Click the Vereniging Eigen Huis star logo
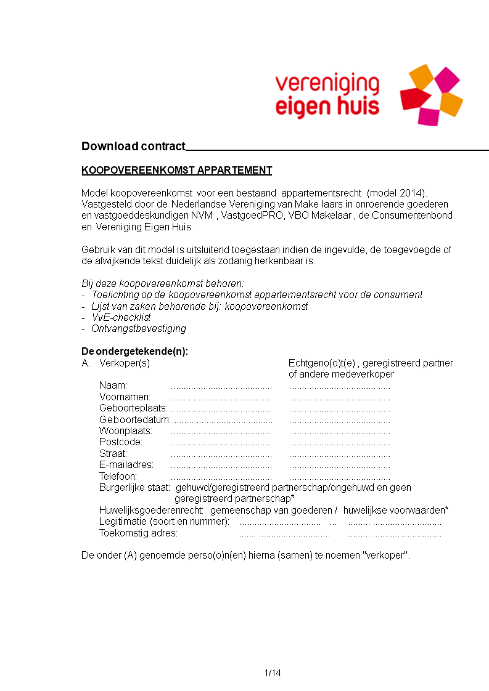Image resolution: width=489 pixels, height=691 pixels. [431, 95]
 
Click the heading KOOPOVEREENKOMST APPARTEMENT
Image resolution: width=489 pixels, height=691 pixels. [176, 171]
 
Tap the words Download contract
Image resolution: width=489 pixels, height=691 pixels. [133, 147]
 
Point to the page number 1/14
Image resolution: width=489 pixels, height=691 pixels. [273, 673]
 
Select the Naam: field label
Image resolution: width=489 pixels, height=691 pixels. [113, 386]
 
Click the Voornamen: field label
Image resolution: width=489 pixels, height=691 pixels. [125, 397]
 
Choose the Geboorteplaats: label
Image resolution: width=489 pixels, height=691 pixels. [133, 408]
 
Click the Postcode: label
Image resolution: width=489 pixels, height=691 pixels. [121, 442]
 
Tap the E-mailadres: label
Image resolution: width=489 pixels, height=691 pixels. [126, 465]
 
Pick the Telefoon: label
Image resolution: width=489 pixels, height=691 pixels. [118, 476]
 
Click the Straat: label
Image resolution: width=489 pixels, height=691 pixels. [113, 454]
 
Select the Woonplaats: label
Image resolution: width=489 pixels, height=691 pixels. [126, 431]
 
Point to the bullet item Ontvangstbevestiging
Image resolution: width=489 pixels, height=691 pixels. [139, 329]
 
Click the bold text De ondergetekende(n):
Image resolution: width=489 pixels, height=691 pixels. [134, 352]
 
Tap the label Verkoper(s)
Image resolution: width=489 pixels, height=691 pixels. [125, 363]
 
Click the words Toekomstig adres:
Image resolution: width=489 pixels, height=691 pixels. [138, 533]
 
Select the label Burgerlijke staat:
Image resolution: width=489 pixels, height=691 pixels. [134, 488]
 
